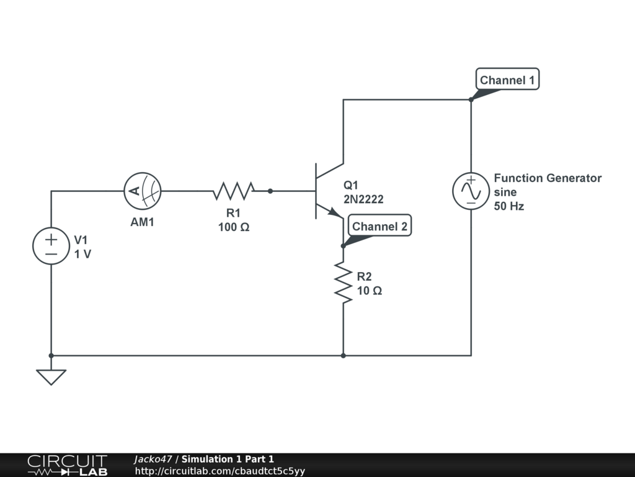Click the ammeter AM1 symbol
click(143, 191)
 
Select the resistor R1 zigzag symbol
click(234, 191)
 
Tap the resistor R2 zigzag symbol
click(343, 283)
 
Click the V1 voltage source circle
click(51, 246)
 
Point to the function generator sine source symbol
click(471, 191)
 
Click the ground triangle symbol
click(51, 377)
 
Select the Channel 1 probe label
click(507, 79)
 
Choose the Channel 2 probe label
click(380, 225)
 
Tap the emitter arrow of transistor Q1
click(335, 212)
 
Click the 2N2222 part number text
click(363, 199)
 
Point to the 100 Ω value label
click(234, 227)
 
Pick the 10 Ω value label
click(370, 291)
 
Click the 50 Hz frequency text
click(509, 206)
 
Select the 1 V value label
click(82, 254)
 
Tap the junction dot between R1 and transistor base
click(270, 191)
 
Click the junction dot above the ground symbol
click(51, 356)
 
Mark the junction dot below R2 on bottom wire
click(343, 356)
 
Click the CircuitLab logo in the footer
click(68, 465)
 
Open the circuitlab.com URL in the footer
click(220, 471)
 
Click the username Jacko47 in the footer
click(153, 459)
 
